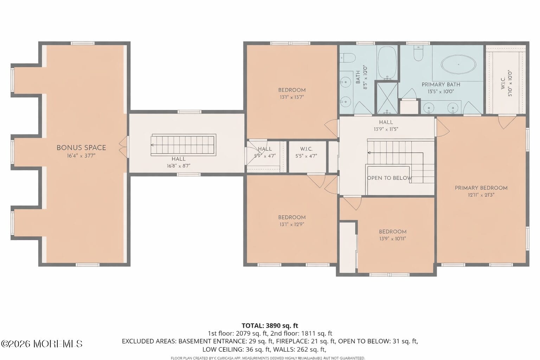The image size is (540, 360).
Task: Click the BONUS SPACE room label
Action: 81,148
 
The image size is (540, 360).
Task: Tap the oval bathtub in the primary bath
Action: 458,65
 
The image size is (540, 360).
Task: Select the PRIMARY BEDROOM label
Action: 481,188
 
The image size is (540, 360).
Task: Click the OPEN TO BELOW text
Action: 389,178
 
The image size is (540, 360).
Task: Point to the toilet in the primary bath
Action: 418,53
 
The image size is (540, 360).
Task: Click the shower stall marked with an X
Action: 387,97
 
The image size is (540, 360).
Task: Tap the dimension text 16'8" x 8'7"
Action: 179,166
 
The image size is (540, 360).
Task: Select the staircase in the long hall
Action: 183,145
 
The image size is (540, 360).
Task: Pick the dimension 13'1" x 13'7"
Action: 292,97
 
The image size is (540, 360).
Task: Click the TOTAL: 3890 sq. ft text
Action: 270,326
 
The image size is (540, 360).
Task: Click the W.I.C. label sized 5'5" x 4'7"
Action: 306,149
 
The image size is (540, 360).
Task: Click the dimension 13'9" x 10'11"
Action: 393,239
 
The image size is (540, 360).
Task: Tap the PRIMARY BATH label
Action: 441,84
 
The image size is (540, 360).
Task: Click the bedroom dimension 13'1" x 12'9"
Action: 292,224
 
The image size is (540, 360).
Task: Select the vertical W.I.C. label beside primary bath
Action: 503,83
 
